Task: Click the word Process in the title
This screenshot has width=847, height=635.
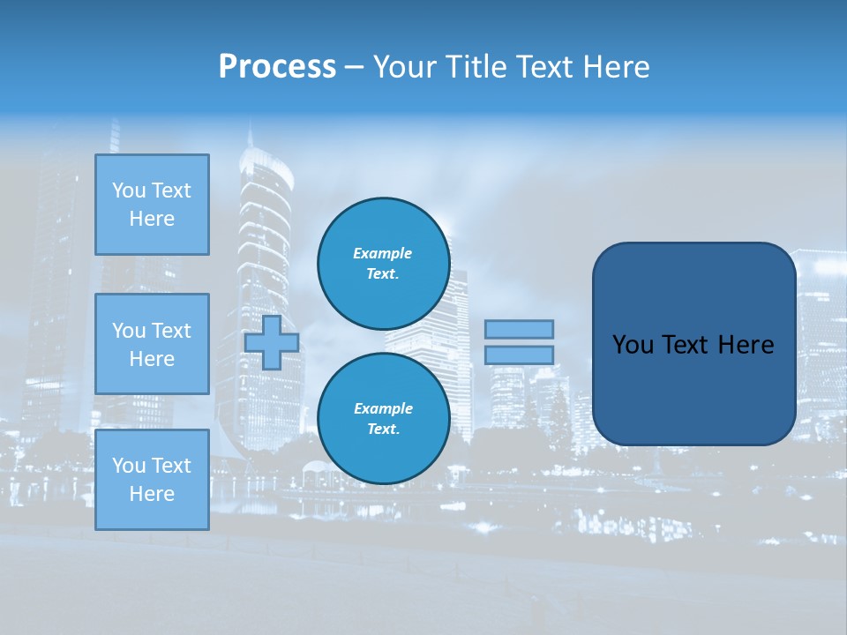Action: pyautogui.click(x=277, y=67)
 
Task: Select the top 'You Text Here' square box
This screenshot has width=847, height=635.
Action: pyautogui.click(x=152, y=205)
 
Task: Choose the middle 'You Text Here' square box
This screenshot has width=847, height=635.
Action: pyautogui.click(x=152, y=344)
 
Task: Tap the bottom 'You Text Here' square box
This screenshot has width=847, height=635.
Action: pyautogui.click(x=152, y=480)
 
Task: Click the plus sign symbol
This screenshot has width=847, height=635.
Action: pyautogui.click(x=272, y=343)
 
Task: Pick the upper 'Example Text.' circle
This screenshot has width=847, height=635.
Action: pyautogui.click(x=383, y=264)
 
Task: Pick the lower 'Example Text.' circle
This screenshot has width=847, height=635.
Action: pyautogui.click(x=383, y=419)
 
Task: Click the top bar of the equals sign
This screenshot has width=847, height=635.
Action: pyautogui.click(x=519, y=329)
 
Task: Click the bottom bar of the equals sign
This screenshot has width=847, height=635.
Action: pyautogui.click(x=519, y=355)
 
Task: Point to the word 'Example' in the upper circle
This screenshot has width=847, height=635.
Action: pyautogui.click(x=383, y=253)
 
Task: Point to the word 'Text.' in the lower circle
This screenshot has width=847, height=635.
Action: pyautogui.click(x=383, y=430)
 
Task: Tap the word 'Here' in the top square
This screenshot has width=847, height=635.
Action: pyautogui.click(x=152, y=219)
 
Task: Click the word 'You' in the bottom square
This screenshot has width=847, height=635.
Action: pyautogui.click(x=128, y=466)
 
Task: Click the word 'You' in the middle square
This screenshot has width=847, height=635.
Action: pyautogui.click(x=128, y=331)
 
